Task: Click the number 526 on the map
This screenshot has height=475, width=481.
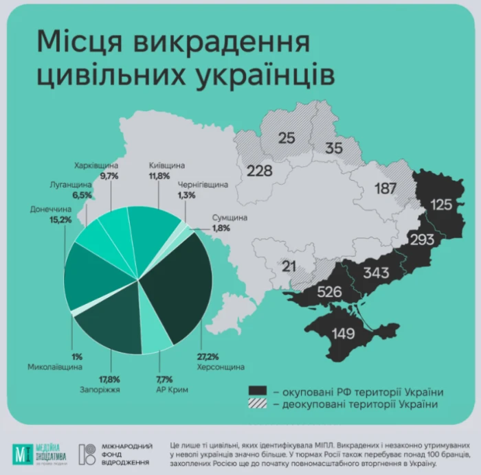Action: (x=329, y=292)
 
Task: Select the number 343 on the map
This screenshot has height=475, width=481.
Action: (x=377, y=273)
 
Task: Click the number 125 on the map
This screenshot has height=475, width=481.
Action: (x=443, y=204)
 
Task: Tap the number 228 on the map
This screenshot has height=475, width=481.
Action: (x=259, y=170)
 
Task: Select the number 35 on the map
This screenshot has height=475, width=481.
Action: (x=334, y=148)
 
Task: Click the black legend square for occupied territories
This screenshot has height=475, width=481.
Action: (x=258, y=391)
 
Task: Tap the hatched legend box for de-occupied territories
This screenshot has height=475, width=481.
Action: (x=258, y=404)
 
